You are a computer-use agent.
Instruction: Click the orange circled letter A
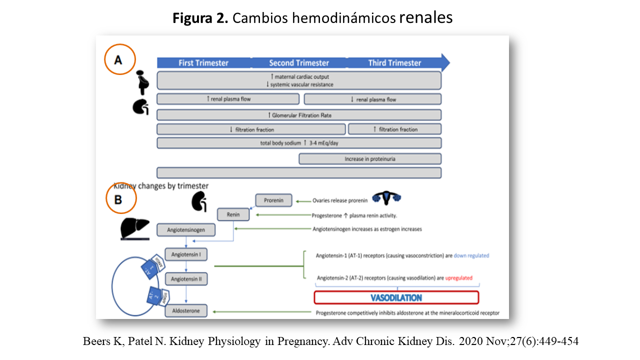coord(119,59)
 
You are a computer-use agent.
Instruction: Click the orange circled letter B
coord(121,199)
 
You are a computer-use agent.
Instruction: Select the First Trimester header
coord(203,63)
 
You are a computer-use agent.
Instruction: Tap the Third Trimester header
coord(394,63)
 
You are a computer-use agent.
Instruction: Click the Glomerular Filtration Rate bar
coord(299,115)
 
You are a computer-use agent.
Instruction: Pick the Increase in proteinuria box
coord(370,159)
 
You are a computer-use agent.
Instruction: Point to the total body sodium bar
coord(299,143)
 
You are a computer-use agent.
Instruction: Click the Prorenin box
coord(273,200)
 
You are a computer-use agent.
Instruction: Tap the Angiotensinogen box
coord(187,230)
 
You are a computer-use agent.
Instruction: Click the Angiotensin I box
coord(186,254)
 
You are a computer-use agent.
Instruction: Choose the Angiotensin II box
coord(186,279)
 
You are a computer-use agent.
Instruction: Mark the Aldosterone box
coord(186,311)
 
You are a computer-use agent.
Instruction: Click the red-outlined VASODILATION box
coord(396,297)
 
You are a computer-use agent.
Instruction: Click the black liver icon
coord(134,228)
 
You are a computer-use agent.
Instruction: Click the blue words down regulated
coord(471,255)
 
